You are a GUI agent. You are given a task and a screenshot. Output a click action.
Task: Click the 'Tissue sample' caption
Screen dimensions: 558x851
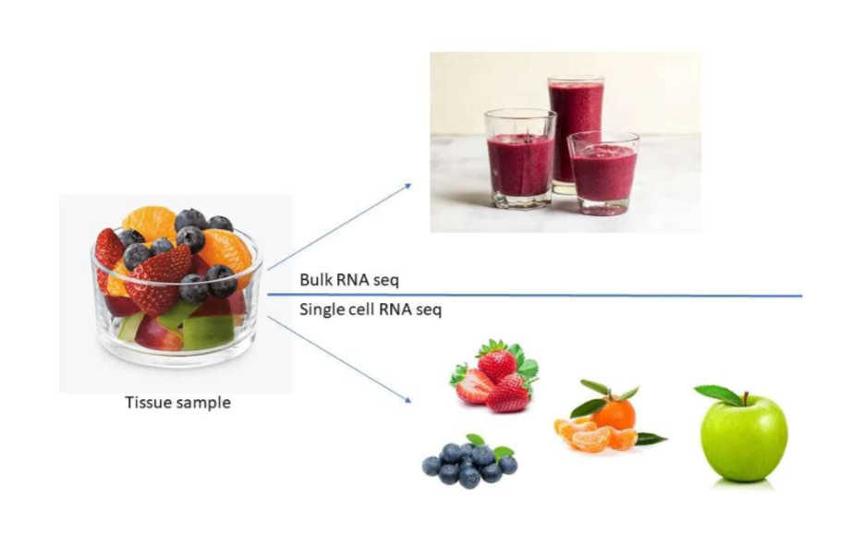coord(177,403)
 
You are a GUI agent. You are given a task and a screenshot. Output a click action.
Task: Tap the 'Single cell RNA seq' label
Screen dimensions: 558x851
coord(371,309)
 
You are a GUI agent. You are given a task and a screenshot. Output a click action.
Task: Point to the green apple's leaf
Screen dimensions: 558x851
coord(720,394)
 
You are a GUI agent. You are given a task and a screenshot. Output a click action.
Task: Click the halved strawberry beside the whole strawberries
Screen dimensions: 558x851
coord(474,385)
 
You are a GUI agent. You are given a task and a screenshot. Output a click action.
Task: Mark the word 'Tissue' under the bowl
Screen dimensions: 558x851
coord(148,403)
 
